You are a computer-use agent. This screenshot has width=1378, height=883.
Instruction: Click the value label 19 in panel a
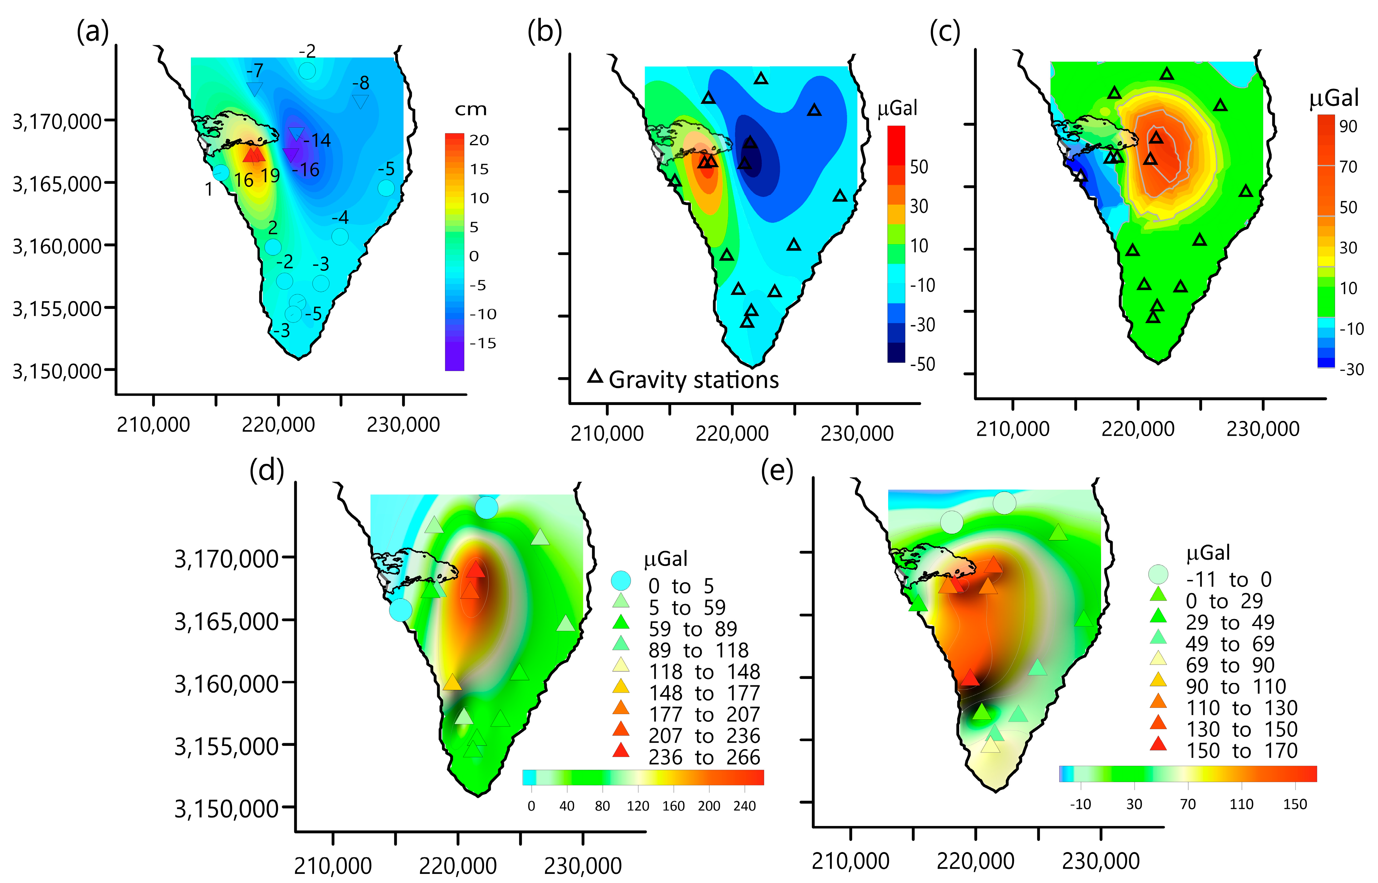pyautogui.click(x=270, y=176)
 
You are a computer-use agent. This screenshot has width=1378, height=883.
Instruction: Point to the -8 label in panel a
pyautogui.click(x=361, y=83)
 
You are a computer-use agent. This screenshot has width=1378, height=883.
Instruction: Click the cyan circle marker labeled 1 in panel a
pyautogui.click(x=221, y=172)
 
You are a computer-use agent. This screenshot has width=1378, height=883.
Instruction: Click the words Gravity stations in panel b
pyautogui.click(x=694, y=380)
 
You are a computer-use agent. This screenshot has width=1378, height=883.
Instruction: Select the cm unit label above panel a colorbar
pyautogui.click(x=471, y=110)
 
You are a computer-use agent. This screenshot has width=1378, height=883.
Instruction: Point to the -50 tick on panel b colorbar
pyautogui.click(x=922, y=364)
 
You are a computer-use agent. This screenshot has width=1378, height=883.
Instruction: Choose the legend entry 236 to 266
pyautogui.click(x=704, y=757)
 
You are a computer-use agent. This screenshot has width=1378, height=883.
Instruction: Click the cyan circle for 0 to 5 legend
pyautogui.click(x=621, y=581)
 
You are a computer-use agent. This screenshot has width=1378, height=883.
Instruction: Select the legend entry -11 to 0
pyautogui.click(x=1228, y=579)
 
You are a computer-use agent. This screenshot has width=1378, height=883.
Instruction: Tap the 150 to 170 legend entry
pyautogui.click(x=1242, y=751)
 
